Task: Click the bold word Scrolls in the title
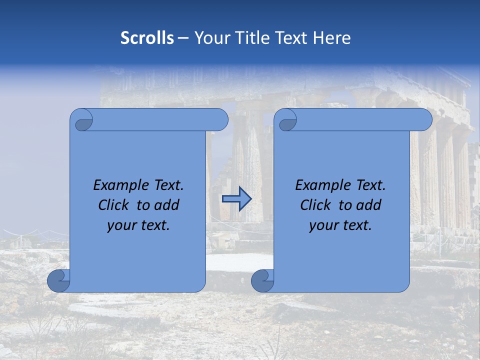[x=147, y=38]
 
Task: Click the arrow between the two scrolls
[x=236, y=199]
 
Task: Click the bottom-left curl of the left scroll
[x=58, y=281]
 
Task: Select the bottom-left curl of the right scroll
[x=262, y=281]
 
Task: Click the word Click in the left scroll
[x=114, y=205]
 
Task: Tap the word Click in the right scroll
[x=316, y=205]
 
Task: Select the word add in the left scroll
[x=167, y=205]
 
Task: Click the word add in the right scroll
[x=369, y=205]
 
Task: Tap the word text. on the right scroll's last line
[x=357, y=225]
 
